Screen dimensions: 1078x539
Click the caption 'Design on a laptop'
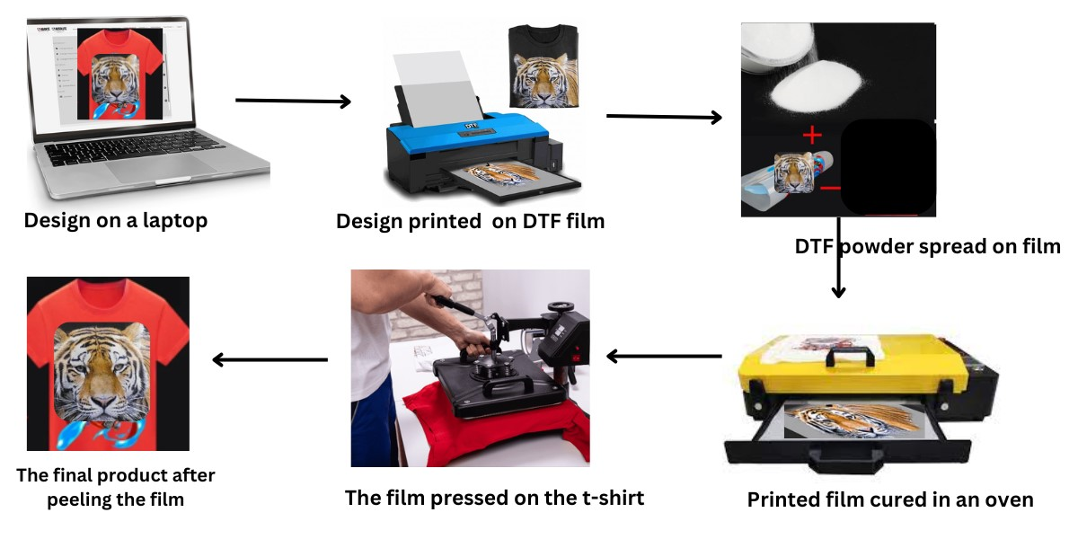point(116,221)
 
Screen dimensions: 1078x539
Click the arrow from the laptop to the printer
point(293,101)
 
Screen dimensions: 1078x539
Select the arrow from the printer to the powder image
point(664,117)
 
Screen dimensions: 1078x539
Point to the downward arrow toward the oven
point(838,258)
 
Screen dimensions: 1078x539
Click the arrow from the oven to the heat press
point(664,357)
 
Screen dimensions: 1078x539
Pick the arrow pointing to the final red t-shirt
point(270,359)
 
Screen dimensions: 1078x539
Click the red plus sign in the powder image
point(812,135)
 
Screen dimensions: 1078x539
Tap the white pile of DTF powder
point(815,87)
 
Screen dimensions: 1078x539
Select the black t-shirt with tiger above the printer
point(543,66)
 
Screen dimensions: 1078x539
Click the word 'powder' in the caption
point(876,247)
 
